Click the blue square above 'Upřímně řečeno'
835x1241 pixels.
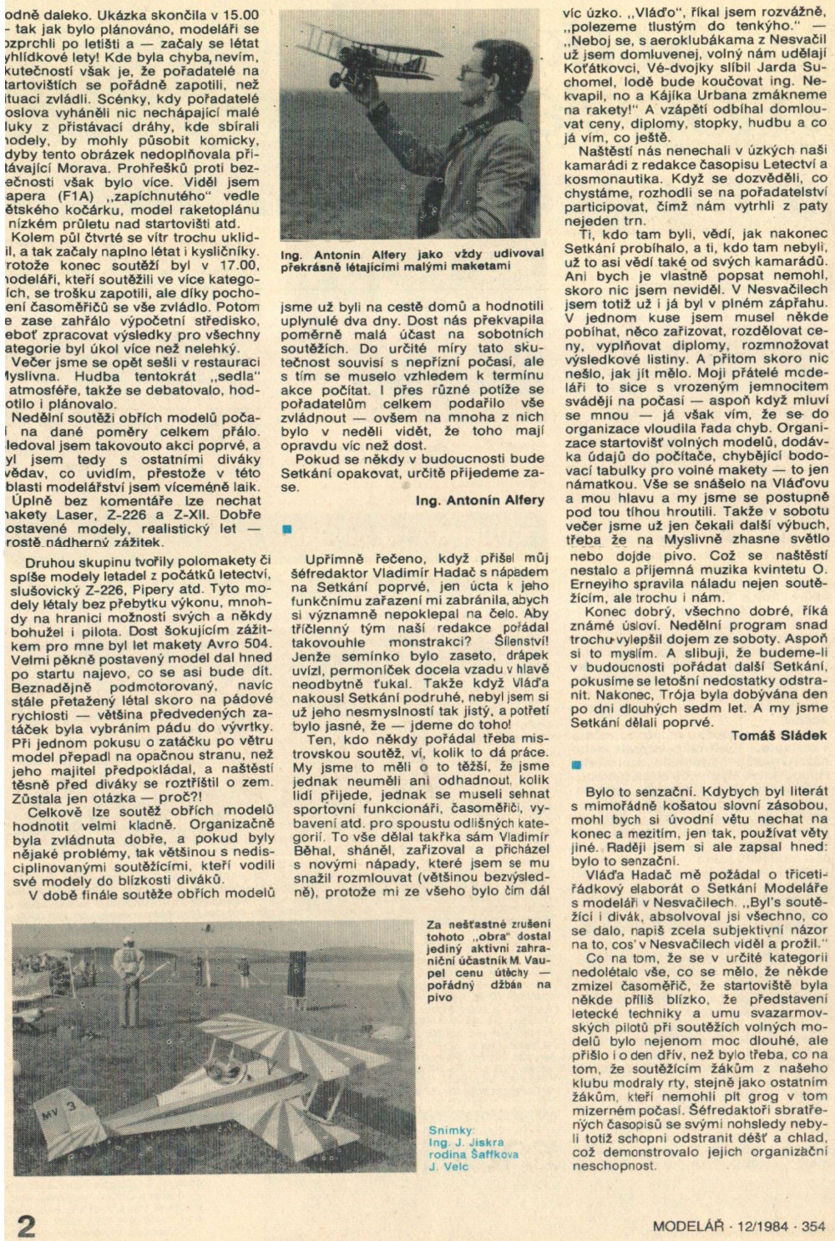point(288,529)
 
